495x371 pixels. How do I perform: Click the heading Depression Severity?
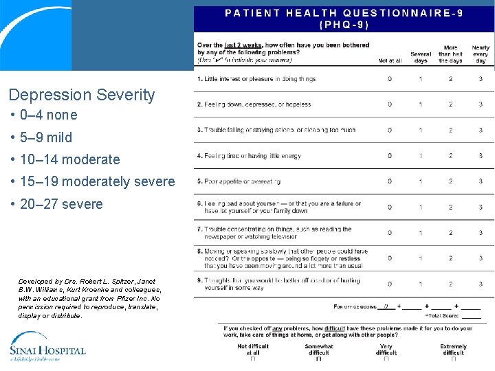pos(82,95)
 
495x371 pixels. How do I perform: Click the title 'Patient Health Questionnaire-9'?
pos(344,12)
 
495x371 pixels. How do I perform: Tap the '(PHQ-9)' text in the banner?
pos(344,24)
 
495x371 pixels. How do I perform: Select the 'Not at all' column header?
pos(390,60)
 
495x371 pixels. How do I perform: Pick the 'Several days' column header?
pos(421,57)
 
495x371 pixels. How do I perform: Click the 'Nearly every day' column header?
pos(481,54)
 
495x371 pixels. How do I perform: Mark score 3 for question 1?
pos(481,79)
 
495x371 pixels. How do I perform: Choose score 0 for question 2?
pos(390,104)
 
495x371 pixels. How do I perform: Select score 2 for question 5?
pos(450,181)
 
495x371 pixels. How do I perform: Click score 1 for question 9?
pos(421,284)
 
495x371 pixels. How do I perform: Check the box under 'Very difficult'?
pos(386,358)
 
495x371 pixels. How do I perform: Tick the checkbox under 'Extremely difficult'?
pos(453,358)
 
